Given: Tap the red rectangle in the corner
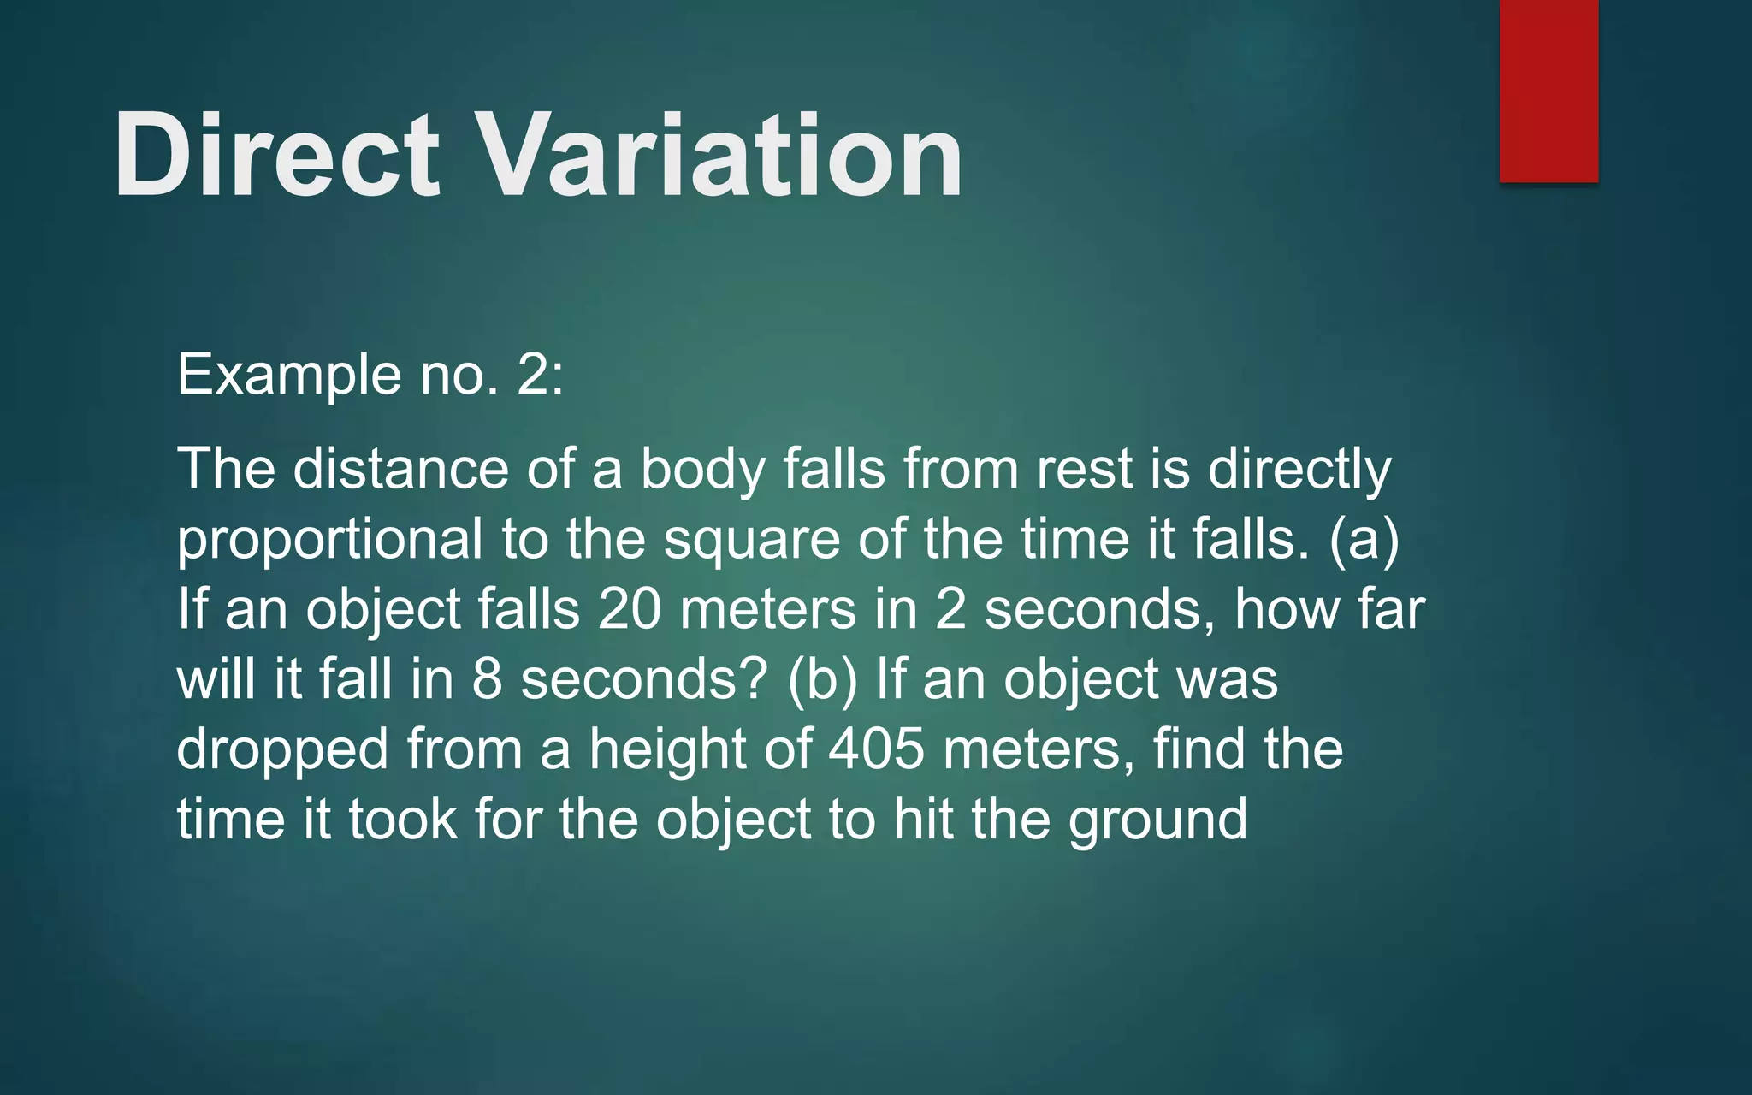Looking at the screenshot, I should pos(1548,90).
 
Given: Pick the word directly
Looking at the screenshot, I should pos(1299,471).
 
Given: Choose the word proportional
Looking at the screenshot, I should pos(330,541).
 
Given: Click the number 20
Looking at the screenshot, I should pos(630,609).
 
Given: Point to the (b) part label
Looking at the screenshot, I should pos(822,679).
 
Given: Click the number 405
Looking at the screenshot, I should pos(877,749).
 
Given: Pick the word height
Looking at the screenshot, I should pos(667,751).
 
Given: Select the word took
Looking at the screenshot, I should pos(403,820).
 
